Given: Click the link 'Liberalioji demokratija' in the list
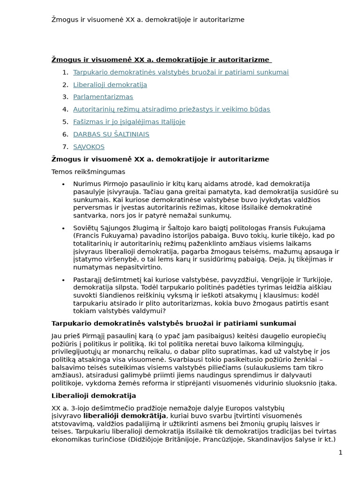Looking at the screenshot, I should tap(110, 85).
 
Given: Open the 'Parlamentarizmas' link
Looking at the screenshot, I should tap(103, 97).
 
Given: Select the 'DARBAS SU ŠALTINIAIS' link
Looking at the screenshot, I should tap(111, 135).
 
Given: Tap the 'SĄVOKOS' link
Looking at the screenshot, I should tap(89, 147).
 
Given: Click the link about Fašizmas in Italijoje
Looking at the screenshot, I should tap(129, 122).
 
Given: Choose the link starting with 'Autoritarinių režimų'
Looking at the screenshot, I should tap(171, 110).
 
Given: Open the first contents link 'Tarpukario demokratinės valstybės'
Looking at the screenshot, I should tap(180, 72).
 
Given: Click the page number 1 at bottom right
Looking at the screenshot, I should tap(340, 452).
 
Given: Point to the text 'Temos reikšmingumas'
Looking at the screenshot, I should tap(88, 172).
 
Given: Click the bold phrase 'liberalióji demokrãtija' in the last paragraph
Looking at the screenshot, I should tap(125, 416).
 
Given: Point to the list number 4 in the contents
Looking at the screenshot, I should tap(65, 110).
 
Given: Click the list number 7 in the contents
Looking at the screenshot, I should tap(65, 147).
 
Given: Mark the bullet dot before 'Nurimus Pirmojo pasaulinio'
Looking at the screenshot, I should tap(63, 184).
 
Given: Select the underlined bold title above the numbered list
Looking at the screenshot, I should tap(161, 60).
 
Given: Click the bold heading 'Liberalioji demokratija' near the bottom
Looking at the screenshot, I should tap(93, 396).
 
